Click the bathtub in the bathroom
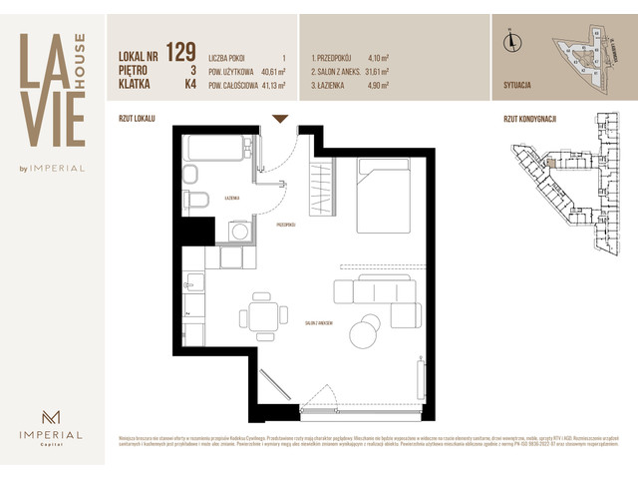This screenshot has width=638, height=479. [x=214, y=151]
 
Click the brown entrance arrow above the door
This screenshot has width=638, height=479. [x=280, y=119]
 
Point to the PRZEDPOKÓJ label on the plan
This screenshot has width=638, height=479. [x=285, y=226]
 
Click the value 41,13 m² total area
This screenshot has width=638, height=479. [x=271, y=86]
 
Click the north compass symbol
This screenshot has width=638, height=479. [x=510, y=41]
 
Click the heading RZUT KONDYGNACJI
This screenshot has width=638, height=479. [x=530, y=118]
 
